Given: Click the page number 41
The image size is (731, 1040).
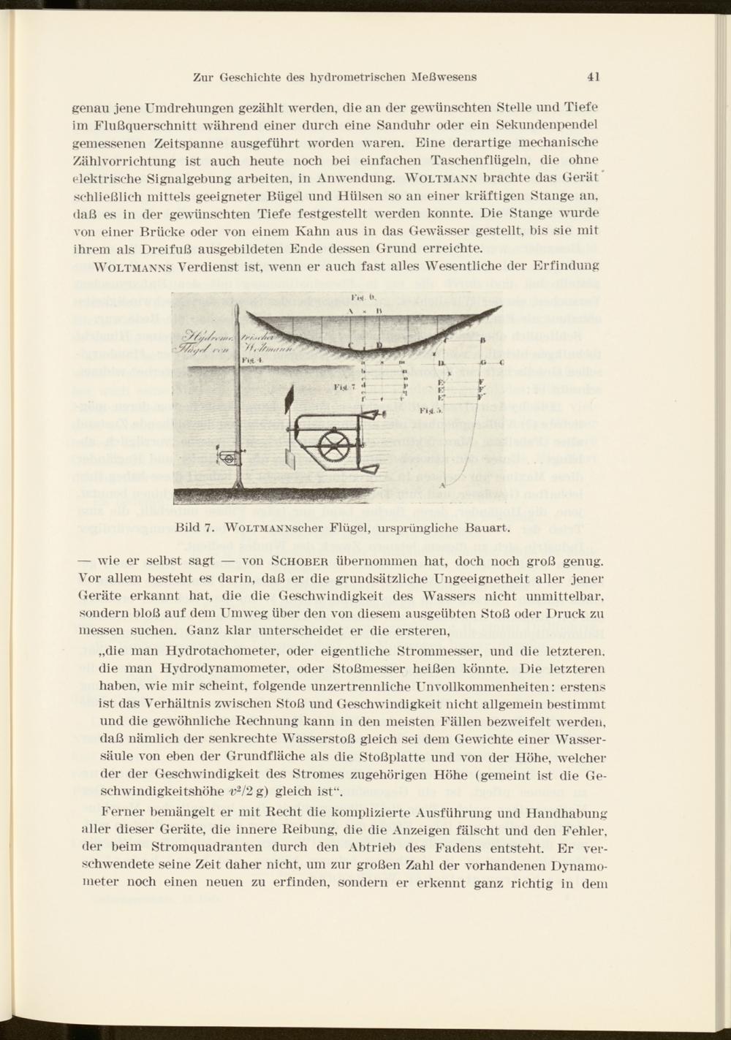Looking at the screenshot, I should pyautogui.click(x=593, y=76).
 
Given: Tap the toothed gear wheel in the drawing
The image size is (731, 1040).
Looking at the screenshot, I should pyautogui.click(x=336, y=444).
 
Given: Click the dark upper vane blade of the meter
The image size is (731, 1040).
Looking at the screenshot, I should pyautogui.click(x=289, y=401).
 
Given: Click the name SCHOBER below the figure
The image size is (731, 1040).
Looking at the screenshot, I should pyautogui.click(x=293, y=562).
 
